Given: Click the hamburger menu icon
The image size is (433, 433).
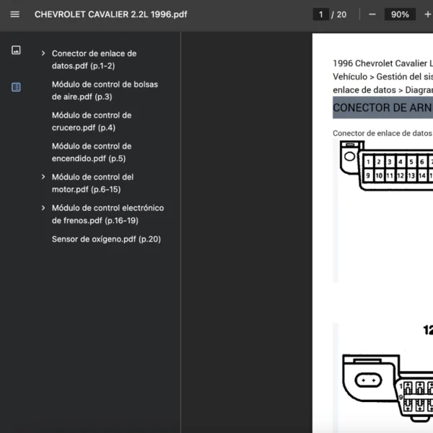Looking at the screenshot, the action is pos(15,14).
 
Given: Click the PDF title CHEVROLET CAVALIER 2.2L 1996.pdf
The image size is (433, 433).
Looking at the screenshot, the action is pos(110,14).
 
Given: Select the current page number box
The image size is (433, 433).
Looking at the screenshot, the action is pos(320,14).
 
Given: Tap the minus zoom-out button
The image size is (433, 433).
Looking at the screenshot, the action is pos(372,14).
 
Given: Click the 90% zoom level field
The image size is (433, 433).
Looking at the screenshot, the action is pos(400,14).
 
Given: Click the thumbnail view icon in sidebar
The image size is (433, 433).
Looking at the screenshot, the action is pos(16,50).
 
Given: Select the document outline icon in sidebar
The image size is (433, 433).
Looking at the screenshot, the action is pos(16,87).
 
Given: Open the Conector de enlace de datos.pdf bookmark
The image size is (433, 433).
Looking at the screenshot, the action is pos(94,60).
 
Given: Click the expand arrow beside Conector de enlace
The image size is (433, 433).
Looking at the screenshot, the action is pos(43,53).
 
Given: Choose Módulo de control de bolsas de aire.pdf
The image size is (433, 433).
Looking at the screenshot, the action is pos(105,91).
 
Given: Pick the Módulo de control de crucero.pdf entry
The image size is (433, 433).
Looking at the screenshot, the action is pos(92,121).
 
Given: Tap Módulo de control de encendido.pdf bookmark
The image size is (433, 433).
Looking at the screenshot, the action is pos(92,152).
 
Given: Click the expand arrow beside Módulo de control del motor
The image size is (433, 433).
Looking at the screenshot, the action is pos(43,177).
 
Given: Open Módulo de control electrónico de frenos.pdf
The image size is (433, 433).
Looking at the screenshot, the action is pos(108,214).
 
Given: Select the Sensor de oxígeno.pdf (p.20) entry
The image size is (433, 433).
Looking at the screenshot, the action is pos(106,239).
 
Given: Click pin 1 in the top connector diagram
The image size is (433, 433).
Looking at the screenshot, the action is pos(368,162).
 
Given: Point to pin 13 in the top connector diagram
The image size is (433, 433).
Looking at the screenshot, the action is pos(411,175).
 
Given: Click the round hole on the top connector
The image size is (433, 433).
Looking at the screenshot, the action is pos(349,157).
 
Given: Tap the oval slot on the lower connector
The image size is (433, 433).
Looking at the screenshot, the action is pos(368,380).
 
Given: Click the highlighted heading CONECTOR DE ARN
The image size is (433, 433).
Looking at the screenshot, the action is pos(382,108).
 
